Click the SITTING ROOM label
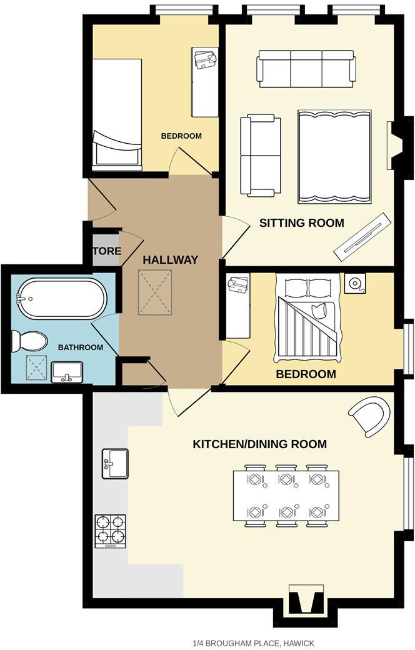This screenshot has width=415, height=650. pos(301,222)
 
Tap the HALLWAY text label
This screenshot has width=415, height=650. pos(170,260)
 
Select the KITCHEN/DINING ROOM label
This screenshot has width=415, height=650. pos(259,444)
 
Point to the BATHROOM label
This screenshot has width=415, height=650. pos(81,347)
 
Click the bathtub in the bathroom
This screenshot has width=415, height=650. pos(61,298)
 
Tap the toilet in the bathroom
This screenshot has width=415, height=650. pos(29,341)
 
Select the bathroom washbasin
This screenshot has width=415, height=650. pos(67,372)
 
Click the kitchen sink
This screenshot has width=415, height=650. pos(115,463)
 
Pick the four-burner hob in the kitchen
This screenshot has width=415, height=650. pos(110,531)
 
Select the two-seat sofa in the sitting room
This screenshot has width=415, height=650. pos(260,154)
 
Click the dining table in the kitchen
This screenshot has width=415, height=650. pos(286,496)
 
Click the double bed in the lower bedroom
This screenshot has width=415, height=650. pos(308,321)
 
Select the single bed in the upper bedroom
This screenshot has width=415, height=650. pos(117,114)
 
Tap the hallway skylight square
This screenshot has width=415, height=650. pos(155,292)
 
